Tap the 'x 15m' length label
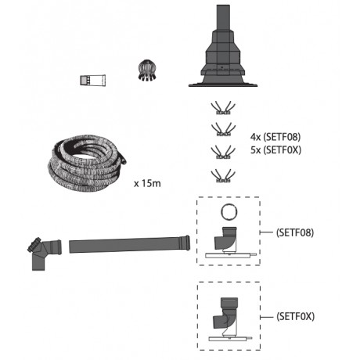coord(147,183)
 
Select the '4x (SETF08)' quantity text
coord(275,137)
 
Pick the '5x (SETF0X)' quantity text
coord(275,149)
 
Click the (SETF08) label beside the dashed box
coord(295,232)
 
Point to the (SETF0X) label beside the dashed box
coord(295,316)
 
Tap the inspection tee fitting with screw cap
coord(45,253)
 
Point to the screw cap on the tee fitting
coord(34,245)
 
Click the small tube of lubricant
coord(92,81)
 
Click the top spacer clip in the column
coord(223,108)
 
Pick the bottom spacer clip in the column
coord(223,175)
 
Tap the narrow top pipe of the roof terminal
coord(223,18)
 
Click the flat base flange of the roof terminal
coord(223,85)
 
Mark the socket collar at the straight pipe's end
coord(185,243)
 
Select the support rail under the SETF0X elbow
coord(230,339)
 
